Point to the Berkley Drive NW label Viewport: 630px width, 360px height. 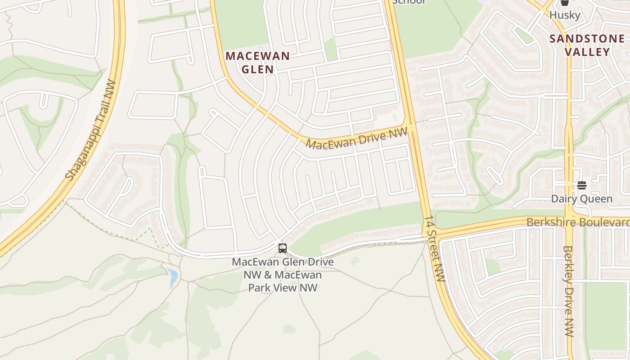pyautogui.click(x=568, y=291)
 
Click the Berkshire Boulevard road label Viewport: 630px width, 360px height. pyautogui.click(x=578, y=222)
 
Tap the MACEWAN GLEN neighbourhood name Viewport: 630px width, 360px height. pyautogui.click(x=257, y=63)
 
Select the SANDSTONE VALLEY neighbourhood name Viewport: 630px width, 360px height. pyautogui.click(x=587, y=45)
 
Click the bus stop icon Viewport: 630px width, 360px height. pyautogui.click(x=282, y=248)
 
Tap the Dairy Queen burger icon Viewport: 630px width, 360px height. pyautogui.click(x=581, y=185)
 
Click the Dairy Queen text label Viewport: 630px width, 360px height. pyautogui.click(x=581, y=198)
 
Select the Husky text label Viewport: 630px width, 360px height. pyautogui.click(x=565, y=15)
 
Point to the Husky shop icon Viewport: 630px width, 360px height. pyautogui.click(x=565, y=3)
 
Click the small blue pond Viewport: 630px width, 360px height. pyautogui.click(x=173, y=277)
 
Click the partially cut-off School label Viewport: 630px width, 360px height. pyautogui.click(x=408, y=2)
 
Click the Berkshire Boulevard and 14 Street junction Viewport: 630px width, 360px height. pyautogui.click(x=432, y=233)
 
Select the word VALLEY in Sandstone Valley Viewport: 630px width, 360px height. pyautogui.click(x=587, y=52)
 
